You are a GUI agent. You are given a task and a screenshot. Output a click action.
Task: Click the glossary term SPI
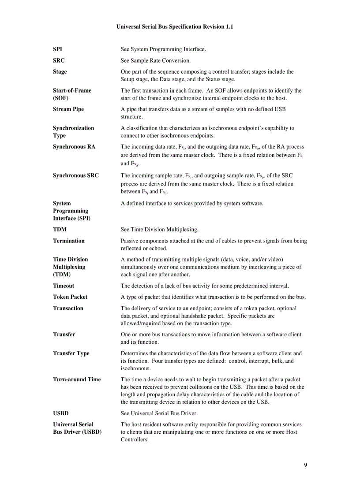coord(57,49)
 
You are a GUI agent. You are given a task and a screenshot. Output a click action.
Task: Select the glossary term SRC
coord(59,60)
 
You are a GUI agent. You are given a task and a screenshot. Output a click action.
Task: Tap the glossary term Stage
coord(60,71)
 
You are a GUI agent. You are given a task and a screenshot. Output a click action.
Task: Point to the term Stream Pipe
coord(68,109)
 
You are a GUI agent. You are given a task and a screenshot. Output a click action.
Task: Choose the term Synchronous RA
coord(74,146)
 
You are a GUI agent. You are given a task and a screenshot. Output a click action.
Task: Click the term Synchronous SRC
coord(76,175)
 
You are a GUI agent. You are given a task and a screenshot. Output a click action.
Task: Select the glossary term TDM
coord(60,230)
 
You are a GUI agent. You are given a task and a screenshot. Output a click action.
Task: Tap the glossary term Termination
coord(69,241)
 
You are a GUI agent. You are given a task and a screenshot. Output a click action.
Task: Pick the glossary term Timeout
coord(64,286)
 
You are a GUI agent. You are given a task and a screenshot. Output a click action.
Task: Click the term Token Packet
coord(70,297)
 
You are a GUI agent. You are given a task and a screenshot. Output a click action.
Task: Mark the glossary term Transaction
coord(68,308)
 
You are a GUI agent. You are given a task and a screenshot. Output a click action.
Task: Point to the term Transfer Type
coord(71,353)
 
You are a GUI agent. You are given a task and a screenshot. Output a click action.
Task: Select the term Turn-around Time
coord(77,379)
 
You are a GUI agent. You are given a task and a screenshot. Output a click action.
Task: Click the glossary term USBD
coord(61,413)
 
